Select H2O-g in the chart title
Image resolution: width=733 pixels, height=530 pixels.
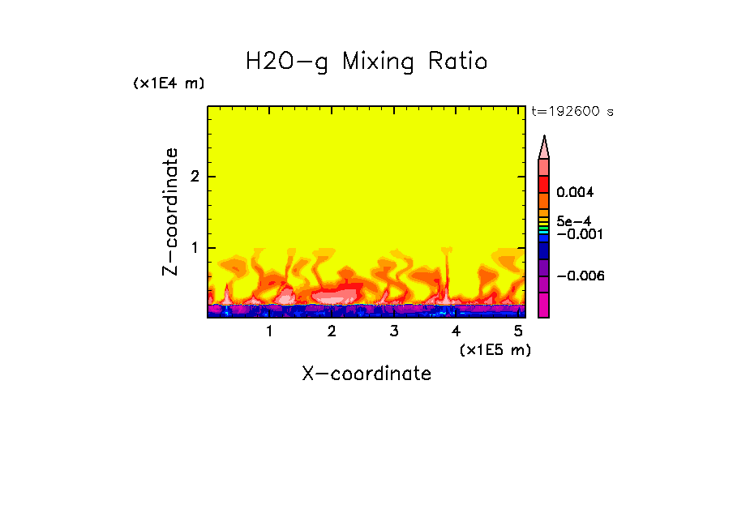(287, 62)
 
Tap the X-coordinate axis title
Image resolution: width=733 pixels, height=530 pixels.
(366, 374)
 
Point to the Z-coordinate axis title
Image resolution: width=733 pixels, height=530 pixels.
(170, 212)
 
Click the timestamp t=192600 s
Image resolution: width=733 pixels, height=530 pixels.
(572, 112)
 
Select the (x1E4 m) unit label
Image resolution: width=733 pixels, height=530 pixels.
(169, 83)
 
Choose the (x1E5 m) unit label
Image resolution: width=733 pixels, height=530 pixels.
(495, 349)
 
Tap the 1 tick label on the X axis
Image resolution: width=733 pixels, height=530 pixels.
(269, 331)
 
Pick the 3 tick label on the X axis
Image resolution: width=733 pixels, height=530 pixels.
(393, 331)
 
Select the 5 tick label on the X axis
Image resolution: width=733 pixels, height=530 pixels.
(518, 331)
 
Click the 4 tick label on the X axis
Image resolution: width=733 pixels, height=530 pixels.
(456, 331)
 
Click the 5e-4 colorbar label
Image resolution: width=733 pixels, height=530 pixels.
(573, 220)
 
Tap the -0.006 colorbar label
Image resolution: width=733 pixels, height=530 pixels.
(581, 276)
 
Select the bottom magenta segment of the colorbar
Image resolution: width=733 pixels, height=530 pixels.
(544, 306)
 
